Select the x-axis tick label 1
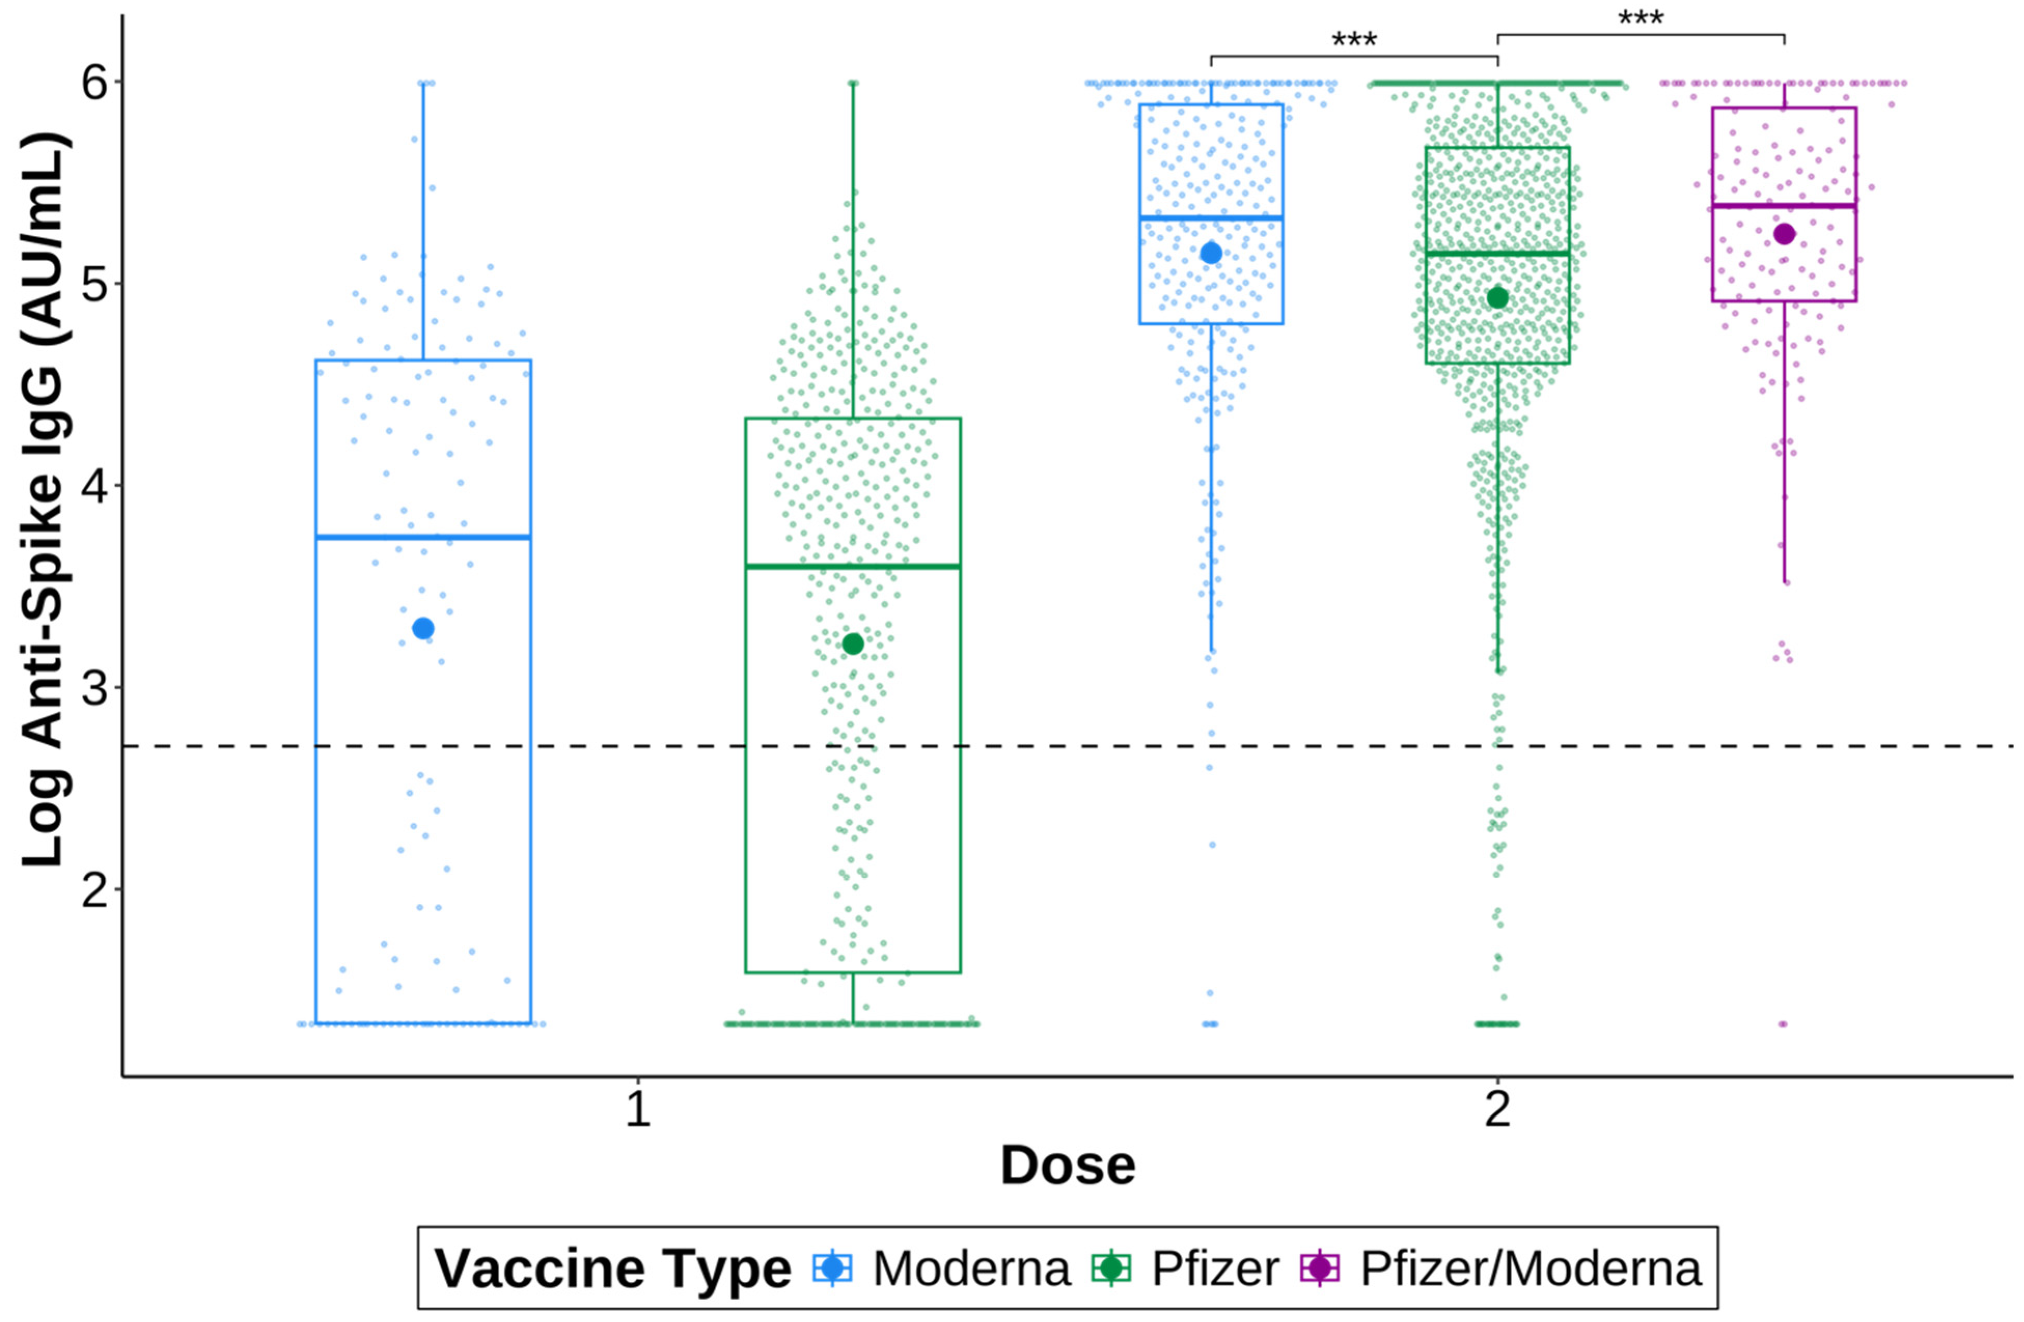(638, 1110)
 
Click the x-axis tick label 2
(1498, 1110)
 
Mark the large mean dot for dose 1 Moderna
(423, 629)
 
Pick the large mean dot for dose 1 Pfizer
(853, 644)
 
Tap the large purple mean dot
(1784, 234)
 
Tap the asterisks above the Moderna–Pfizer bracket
(1354, 40)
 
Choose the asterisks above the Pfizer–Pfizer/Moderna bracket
(1641, 19)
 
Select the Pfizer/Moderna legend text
(1531, 1269)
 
